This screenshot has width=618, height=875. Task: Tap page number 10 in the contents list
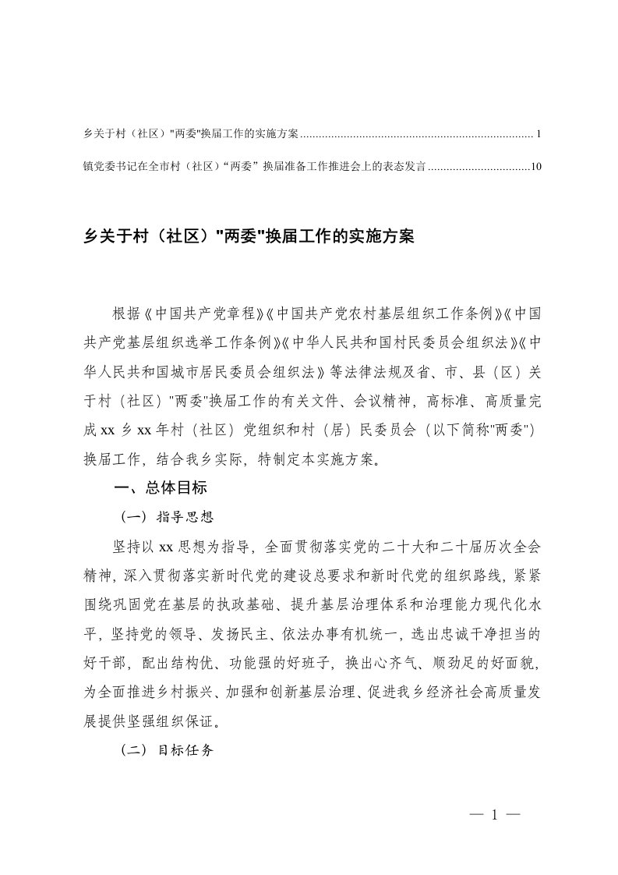pos(535,166)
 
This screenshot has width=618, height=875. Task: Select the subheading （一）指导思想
pos(167,516)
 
